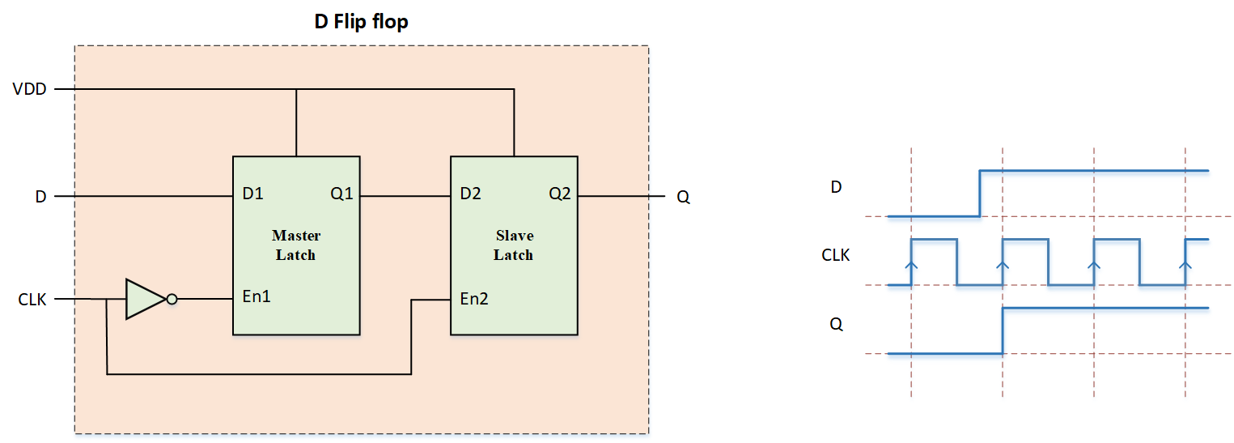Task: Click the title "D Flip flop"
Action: click(361, 22)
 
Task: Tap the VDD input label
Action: click(29, 89)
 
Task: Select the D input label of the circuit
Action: click(40, 197)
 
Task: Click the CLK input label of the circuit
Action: click(32, 300)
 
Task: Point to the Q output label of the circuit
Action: click(683, 197)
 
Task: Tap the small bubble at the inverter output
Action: click(172, 299)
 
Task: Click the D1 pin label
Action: click(252, 195)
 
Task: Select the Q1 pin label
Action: click(341, 195)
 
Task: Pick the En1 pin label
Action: click(257, 296)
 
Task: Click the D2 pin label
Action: click(470, 195)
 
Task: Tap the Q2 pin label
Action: click(559, 195)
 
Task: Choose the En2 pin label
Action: click(474, 298)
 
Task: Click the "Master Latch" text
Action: click(296, 245)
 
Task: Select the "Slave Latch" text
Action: click(514, 245)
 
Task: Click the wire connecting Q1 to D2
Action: click(405, 196)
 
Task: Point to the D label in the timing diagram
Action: click(836, 187)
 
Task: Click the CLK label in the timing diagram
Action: click(836, 255)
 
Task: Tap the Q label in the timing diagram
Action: click(836, 324)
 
